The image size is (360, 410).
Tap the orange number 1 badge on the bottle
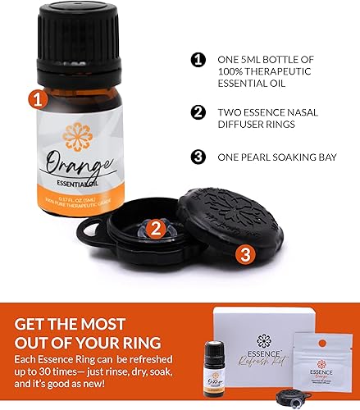36,102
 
